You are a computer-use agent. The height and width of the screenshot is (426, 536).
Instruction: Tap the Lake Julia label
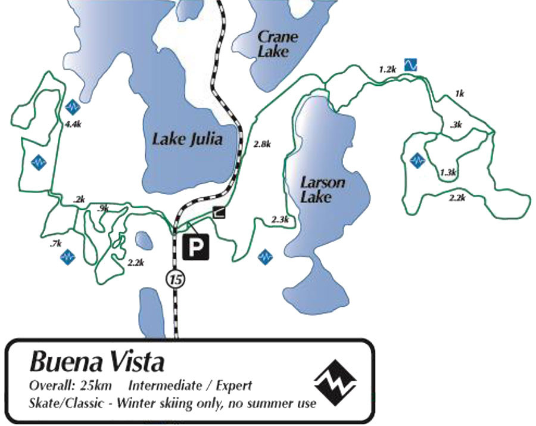click(187, 140)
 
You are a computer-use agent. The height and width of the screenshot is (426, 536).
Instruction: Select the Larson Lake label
click(322, 189)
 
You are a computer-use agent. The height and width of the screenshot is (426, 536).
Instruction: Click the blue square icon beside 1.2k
click(410, 64)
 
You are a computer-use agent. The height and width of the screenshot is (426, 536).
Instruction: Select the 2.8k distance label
click(262, 144)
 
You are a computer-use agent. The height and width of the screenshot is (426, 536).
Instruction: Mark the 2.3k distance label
click(279, 220)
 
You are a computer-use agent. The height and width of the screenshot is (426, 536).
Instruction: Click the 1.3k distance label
click(448, 173)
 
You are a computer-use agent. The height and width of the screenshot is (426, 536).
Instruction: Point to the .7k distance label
click(57, 243)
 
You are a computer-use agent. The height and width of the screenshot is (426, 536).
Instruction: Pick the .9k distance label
click(103, 208)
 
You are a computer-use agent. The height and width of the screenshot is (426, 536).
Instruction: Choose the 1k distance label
click(459, 93)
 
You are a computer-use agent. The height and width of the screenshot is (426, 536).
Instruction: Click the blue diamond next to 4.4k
click(73, 107)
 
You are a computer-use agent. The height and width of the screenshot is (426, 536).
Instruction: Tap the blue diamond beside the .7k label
click(67, 257)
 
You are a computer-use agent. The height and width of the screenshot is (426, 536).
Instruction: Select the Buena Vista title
click(96, 361)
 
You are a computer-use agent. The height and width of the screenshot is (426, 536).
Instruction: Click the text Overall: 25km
click(70, 385)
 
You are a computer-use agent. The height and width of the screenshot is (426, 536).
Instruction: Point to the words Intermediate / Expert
click(190, 385)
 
